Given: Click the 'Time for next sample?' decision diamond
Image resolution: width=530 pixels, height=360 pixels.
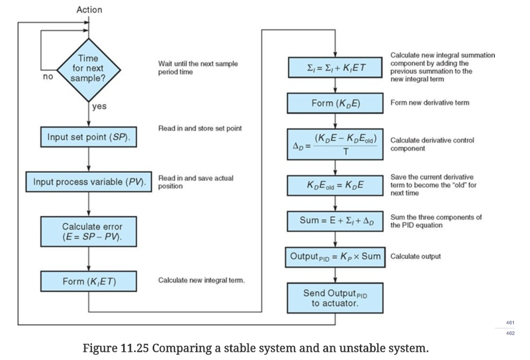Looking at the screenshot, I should point(90,68).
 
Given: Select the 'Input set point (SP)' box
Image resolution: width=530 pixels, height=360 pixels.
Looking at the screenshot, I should point(89,138).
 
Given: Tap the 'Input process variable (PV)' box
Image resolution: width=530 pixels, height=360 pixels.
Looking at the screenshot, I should point(89,182).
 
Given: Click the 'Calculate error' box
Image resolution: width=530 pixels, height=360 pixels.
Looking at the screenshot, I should point(89,232).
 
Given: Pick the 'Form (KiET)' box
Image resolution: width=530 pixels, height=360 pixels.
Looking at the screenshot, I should point(89,281).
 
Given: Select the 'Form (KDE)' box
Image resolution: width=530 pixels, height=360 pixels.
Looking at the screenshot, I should point(335,103).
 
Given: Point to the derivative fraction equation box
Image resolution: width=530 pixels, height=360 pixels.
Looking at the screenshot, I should point(335,144).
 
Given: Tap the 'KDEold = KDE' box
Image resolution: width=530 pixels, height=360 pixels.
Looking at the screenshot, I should point(335,185).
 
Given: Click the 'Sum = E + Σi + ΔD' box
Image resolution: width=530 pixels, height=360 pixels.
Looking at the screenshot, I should point(335,221).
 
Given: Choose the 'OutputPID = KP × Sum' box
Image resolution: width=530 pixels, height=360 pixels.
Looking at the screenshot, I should point(335,257).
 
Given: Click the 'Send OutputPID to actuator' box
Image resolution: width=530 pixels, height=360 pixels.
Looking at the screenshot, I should point(335,298).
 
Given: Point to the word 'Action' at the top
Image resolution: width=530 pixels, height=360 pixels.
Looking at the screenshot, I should point(89,10).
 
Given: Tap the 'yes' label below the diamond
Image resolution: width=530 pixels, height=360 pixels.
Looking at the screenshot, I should point(99,107).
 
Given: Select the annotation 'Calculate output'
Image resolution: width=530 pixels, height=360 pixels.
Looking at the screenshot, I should point(415,257).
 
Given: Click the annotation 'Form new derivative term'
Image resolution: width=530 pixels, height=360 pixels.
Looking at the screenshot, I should point(430,103).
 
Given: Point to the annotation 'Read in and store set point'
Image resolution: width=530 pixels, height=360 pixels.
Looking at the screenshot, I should point(200,128).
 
